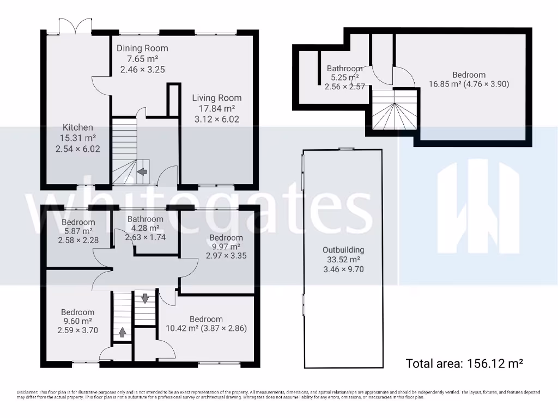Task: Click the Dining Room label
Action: point(142,48)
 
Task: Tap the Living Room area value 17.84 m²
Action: point(216,109)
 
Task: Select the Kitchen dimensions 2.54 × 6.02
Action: point(78,148)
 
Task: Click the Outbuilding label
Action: point(342,250)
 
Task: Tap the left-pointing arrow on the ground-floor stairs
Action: point(142,172)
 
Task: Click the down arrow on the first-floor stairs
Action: point(145,298)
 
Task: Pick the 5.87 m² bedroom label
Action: point(78,222)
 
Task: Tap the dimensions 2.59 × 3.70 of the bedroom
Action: point(77,330)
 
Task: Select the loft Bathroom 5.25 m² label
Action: point(344,69)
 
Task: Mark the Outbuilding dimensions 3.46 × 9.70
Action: point(342,268)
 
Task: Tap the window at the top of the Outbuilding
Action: point(345,148)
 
